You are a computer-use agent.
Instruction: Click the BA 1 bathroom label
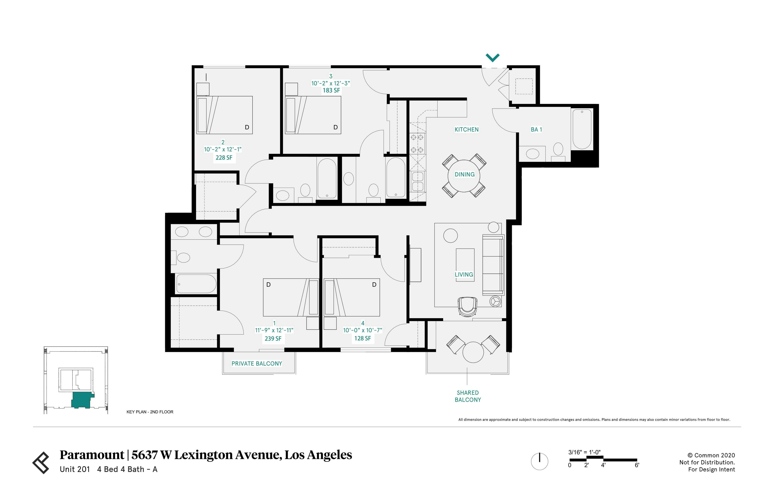(536, 130)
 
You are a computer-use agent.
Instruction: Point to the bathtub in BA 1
(582, 129)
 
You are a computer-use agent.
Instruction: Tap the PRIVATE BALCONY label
(257, 364)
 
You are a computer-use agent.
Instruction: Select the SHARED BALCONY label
(468, 396)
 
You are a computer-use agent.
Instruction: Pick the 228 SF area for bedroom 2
(224, 158)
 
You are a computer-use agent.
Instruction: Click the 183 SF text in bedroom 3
(331, 90)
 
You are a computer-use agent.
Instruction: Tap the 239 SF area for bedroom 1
(273, 338)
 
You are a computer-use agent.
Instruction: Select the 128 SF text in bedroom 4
(362, 338)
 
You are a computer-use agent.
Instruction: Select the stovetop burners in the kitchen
(417, 143)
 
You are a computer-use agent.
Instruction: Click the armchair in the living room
(468, 306)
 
